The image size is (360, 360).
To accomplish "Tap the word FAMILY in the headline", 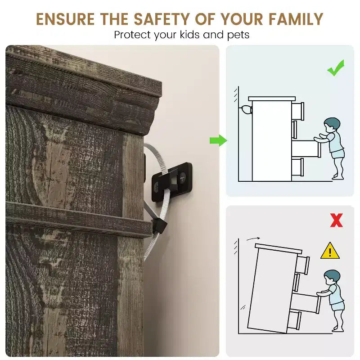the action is point(296,19).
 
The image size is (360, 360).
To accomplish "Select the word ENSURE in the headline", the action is point(65,19).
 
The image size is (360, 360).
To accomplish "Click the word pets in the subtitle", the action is point(238,36).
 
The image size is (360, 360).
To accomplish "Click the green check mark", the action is point(336,68).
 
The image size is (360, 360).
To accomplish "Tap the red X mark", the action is point(336,220).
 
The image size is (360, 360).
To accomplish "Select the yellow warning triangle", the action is point(330,251).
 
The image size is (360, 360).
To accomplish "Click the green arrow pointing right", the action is point(218,140).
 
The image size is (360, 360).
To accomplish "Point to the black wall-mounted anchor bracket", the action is point(172,182).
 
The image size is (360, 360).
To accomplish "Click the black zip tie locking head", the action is point(159,226).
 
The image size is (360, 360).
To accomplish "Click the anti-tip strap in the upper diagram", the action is point(246,109).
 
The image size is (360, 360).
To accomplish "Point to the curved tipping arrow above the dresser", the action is point(253,239).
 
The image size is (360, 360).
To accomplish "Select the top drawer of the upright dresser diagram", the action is point(298,111).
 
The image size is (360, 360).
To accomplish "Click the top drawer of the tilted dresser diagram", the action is point(302,265).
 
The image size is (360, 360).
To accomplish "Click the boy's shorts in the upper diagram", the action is point(337,153).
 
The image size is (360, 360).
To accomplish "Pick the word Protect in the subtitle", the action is point(132,35).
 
